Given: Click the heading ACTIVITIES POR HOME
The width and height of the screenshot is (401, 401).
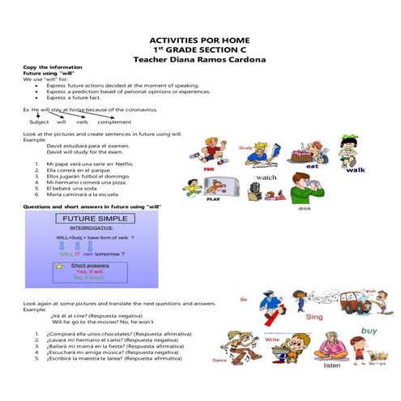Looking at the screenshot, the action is coord(199,41).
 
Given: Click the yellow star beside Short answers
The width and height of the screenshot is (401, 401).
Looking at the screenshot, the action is coord(59,266).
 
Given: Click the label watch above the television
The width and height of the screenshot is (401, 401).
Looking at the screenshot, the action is coord(266,177).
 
